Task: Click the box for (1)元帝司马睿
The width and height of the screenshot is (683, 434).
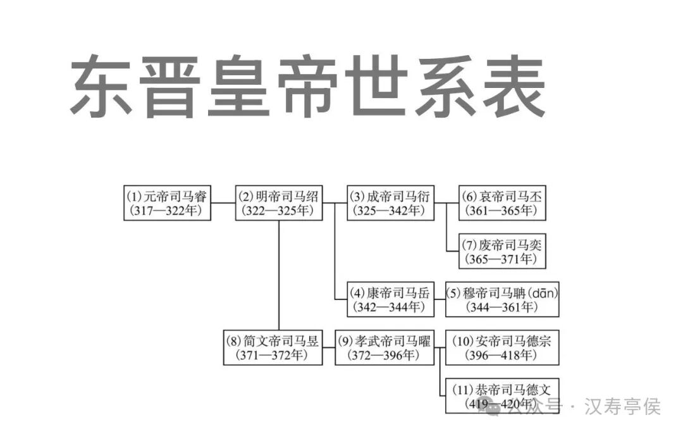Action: [167, 203]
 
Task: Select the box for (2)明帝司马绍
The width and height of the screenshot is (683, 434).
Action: [279, 203]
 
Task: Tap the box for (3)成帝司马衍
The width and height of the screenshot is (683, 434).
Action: [391, 203]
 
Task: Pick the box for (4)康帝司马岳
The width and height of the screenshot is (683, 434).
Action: [391, 300]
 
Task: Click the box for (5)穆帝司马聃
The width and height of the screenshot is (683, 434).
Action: [502, 300]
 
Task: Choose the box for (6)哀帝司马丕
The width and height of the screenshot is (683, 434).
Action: [502, 203]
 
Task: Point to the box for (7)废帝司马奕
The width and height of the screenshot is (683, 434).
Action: [502, 251]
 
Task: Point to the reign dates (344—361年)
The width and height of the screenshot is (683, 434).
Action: [502, 307]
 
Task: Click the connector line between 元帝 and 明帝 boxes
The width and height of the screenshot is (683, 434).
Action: [223, 203]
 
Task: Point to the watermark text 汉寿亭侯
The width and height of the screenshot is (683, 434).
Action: [624, 406]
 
